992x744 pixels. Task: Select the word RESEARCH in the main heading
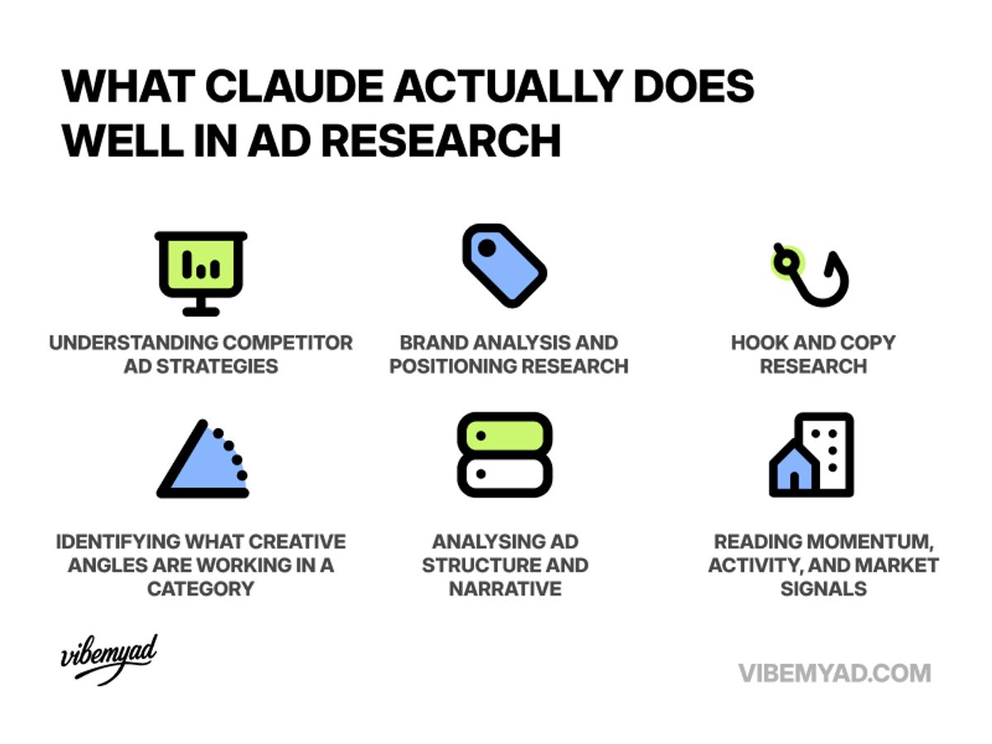(441, 141)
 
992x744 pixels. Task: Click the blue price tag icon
(503, 265)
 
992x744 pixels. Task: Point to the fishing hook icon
(810, 275)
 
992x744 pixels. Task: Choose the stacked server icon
(504, 455)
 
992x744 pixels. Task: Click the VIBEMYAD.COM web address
(835, 673)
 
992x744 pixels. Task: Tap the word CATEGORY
(200, 589)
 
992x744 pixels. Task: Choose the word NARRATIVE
(505, 589)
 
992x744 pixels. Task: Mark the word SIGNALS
(823, 589)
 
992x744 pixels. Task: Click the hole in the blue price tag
(487, 246)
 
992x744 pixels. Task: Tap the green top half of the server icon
(504, 435)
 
